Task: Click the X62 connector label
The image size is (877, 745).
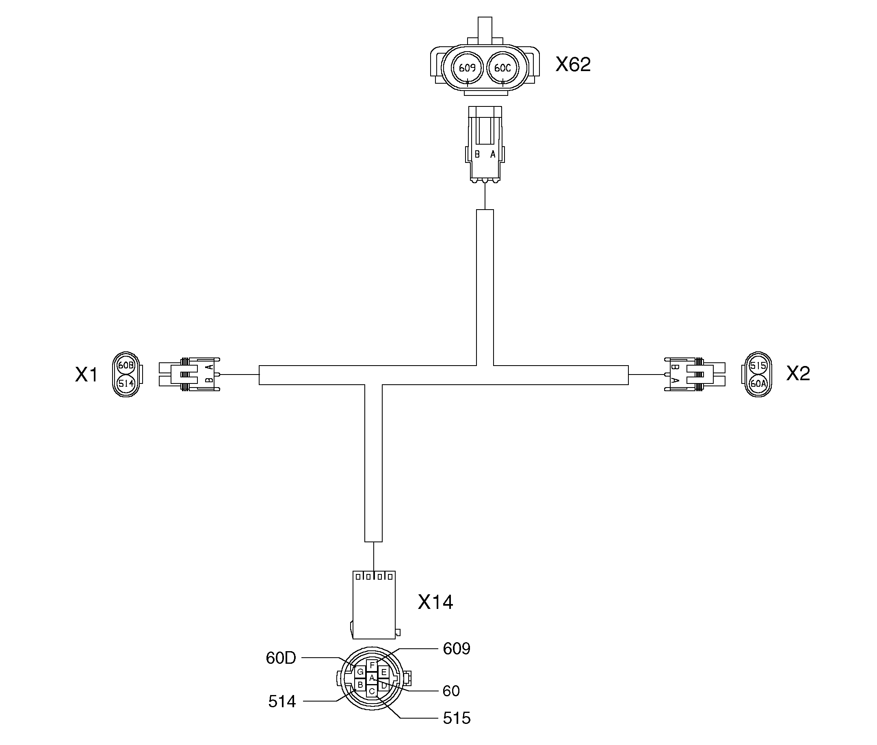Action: click(x=573, y=64)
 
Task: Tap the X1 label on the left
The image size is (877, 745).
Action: click(x=87, y=375)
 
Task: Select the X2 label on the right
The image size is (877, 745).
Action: click(x=798, y=373)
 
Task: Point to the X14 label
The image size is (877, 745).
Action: click(x=435, y=602)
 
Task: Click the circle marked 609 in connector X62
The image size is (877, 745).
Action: click(x=467, y=67)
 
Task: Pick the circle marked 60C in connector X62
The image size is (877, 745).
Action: click(x=502, y=67)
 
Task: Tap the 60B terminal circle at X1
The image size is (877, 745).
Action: click(x=126, y=365)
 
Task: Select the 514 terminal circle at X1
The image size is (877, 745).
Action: click(x=126, y=383)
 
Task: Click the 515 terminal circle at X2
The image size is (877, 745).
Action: click(x=758, y=365)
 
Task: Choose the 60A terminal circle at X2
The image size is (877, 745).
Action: click(x=758, y=383)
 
